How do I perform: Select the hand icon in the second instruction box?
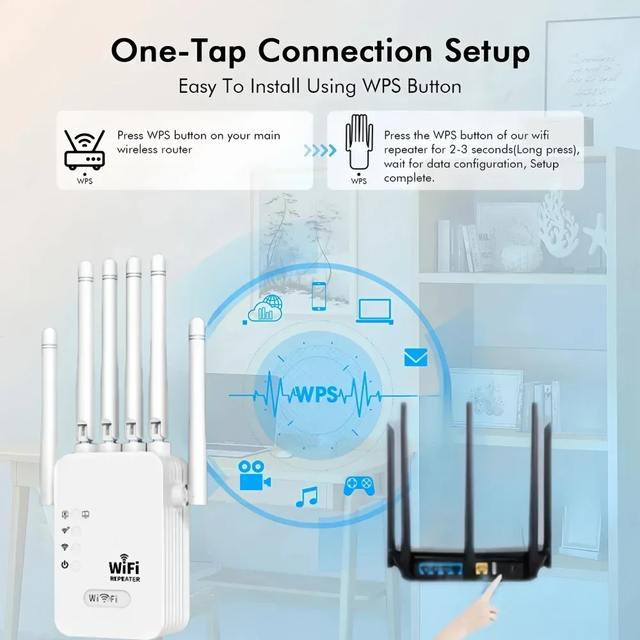tap(358, 144)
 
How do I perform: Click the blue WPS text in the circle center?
tap(316, 394)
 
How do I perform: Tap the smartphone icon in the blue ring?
tap(319, 296)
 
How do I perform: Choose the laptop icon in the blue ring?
tap(374, 310)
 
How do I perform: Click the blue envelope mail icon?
tap(415, 357)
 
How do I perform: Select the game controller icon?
tap(359, 485)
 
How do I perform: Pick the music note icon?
tap(307, 497)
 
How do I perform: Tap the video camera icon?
tap(254, 476)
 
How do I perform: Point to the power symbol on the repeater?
tap(65, 564)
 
